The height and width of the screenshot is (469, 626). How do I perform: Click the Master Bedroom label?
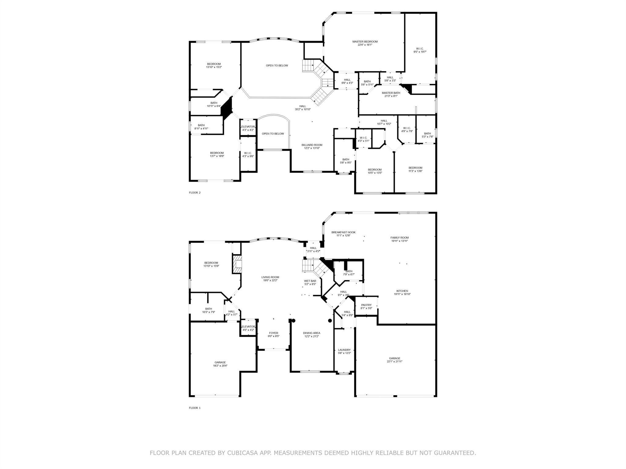tap(365, 42)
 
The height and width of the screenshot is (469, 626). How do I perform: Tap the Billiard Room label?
tap(312, 145)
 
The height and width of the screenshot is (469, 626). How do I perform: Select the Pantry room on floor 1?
tap(366, 307)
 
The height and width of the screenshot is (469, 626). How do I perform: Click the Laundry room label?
tap(344, 350)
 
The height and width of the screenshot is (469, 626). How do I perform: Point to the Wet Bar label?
tap(310, 281)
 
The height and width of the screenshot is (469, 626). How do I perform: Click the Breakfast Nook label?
tap(343, 232)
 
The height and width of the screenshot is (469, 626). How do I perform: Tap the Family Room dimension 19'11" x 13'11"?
tap(400, 241)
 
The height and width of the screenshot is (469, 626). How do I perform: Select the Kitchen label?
tap(402, 291)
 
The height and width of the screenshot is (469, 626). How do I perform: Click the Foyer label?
tap(274, 333)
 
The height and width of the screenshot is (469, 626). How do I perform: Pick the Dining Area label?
tap(311, 333)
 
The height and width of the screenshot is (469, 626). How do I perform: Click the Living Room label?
tap(270, 277)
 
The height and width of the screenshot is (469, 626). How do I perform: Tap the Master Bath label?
tap(391, 93)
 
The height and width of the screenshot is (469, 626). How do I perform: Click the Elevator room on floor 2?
tap(248, 128)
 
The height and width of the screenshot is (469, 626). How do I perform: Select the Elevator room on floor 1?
tap(248, 328)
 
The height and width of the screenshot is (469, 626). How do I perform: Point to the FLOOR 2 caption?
tap(195, 193)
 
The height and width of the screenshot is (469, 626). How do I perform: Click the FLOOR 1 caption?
tap(195, 408)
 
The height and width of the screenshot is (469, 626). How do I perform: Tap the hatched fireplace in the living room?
tap(237, 264)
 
